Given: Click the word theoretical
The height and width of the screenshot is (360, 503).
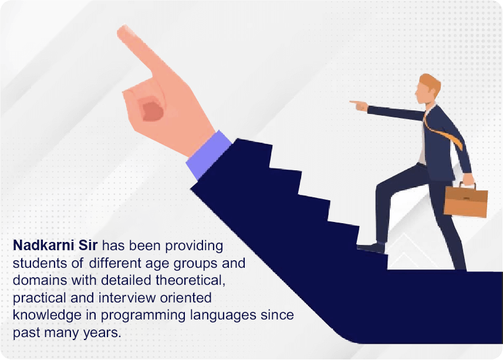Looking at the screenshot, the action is tap(191, 280).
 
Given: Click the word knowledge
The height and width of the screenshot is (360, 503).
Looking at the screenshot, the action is tap(47, 315).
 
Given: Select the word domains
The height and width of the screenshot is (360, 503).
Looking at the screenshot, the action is tap(40, 280).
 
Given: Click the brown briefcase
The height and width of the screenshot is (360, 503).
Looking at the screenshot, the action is tap(466, 201).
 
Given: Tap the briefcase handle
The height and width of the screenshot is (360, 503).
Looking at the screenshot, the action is tap(467, 185).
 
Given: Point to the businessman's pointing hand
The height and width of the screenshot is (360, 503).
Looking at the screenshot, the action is tap(359, 105).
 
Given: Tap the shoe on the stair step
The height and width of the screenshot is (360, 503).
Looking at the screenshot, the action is tap(371, 248).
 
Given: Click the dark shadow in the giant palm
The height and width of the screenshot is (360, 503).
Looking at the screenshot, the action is tap(152, 109).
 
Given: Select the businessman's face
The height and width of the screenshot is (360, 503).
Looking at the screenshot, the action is tap(422, 93).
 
